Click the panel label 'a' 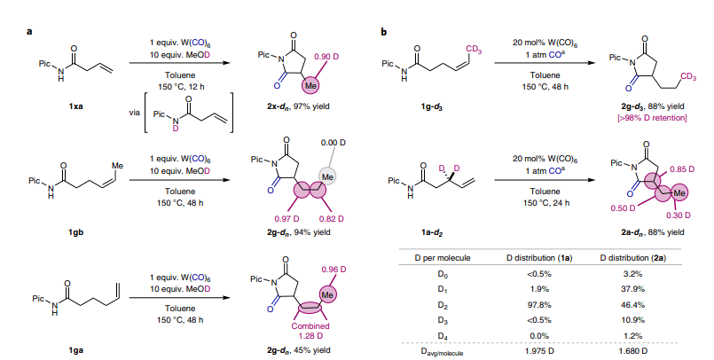click(30, 32)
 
